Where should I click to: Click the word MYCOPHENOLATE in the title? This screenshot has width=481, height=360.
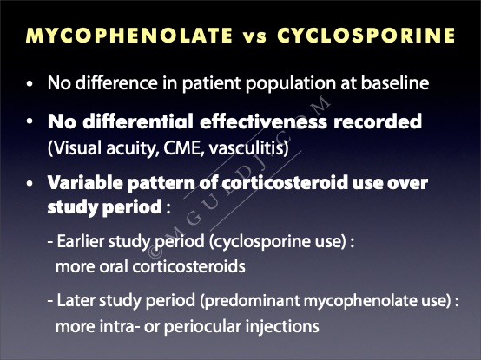click(129, 35)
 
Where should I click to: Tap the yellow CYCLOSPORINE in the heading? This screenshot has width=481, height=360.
click(366, 35)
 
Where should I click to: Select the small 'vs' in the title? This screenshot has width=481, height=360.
click(255, 36)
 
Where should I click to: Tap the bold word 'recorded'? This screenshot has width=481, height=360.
click(378, 121)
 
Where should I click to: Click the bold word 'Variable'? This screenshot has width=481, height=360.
click(84, 183)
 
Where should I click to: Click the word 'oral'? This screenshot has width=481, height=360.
click(114, 266)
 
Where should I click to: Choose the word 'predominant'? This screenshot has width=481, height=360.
click(250, 301)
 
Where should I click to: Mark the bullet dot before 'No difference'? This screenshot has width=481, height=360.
click(30, 83)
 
